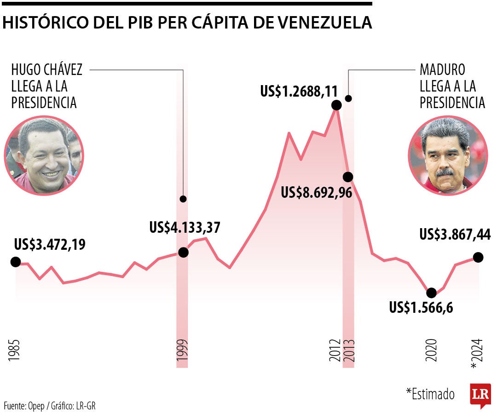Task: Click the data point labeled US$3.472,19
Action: pos(15,262)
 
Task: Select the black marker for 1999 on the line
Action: pos(183,252)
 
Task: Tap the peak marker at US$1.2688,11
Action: pos(336,105)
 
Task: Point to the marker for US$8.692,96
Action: pos(348,177)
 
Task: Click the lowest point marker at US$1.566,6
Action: pos(431,293)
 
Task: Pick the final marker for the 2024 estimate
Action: pos(478,257)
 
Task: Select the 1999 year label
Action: pos(183,353)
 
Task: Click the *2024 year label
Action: pos(477,353)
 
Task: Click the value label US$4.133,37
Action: pos(185,227)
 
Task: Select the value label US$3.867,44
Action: pos(455,235)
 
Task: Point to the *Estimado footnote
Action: pos(430,394)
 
